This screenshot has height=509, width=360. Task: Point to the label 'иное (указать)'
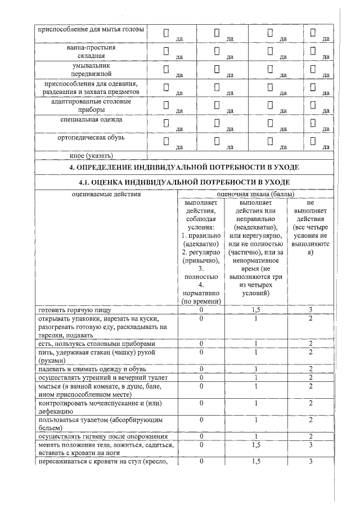59,155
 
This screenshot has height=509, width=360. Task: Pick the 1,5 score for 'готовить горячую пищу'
256,310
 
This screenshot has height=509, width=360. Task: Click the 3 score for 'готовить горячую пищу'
310,310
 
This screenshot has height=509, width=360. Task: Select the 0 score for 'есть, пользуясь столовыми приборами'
201,344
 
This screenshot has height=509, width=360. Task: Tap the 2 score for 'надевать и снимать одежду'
310,369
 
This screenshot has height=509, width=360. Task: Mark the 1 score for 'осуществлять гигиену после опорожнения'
256,436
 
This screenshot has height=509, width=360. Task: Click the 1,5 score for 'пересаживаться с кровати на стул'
256,462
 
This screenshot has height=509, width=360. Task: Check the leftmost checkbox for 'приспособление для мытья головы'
166,33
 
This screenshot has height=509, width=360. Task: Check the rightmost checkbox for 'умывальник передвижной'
313,69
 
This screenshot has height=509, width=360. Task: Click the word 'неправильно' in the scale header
256,218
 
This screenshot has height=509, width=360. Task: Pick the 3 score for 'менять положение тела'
310,445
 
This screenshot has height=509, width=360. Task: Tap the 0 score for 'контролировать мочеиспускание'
201,403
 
